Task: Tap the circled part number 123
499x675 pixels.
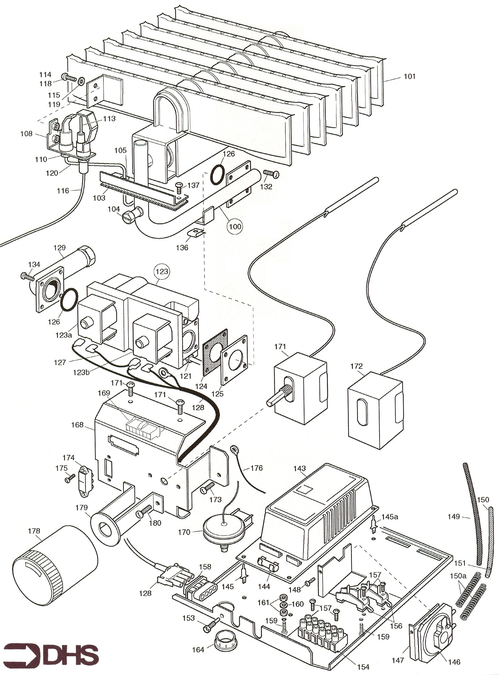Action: [162, 271]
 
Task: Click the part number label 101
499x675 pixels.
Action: [409, 76]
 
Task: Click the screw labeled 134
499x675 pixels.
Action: [27, 276]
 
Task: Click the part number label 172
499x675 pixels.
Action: [356, 366]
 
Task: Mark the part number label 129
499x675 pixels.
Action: [59, 248]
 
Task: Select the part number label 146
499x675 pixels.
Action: [454, 662]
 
